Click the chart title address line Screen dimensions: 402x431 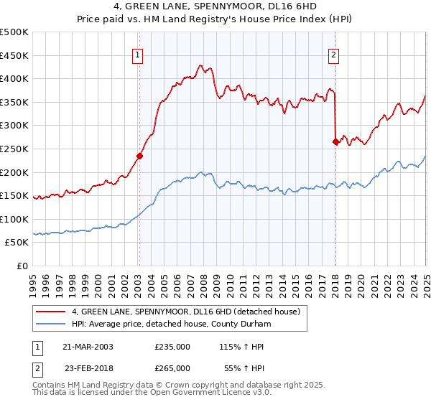(215, 7)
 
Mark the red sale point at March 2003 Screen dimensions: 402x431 (140, 155)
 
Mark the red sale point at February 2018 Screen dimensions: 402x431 (335, 141)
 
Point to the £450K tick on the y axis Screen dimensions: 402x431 (14, 55)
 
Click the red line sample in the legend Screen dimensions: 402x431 (50, 312)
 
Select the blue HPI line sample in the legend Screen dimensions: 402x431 (50, 324)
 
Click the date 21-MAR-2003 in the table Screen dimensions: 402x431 (88, 347)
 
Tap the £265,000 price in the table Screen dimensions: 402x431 (172, 367)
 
